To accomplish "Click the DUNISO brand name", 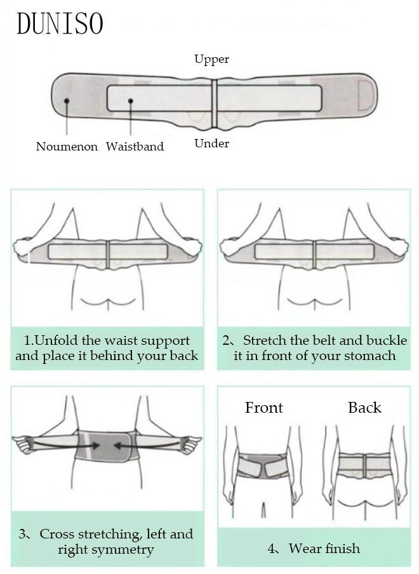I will point(60,23).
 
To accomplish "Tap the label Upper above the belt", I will point(211,60).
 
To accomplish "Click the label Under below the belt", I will point(211,143).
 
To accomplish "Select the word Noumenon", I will point(67,147).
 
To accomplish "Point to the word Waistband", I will point(135,147).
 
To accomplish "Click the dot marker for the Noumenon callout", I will point(67,100).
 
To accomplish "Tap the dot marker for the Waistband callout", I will point(130,100).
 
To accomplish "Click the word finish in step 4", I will point(342,548).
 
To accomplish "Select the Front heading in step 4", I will point(264,408).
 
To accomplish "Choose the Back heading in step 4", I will point(364,408).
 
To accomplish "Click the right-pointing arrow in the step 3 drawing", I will point(67,444).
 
